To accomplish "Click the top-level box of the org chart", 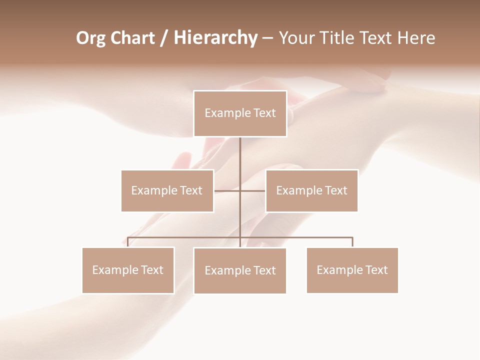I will (240, 113).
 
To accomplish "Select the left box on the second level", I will (167, 190).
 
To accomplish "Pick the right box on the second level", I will (311, 190).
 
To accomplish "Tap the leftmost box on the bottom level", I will (128, 270).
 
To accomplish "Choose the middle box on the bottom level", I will (240, 270).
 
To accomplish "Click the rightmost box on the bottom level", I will (352, 270).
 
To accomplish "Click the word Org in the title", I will (90, 38).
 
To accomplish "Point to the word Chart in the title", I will (132, 38).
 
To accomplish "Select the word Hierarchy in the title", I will (215, 38).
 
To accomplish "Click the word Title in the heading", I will (340, 38).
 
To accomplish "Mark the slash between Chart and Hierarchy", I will (164, 38).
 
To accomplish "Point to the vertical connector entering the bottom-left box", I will (128, 242).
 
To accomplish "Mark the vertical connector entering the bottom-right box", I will (352, 242).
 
